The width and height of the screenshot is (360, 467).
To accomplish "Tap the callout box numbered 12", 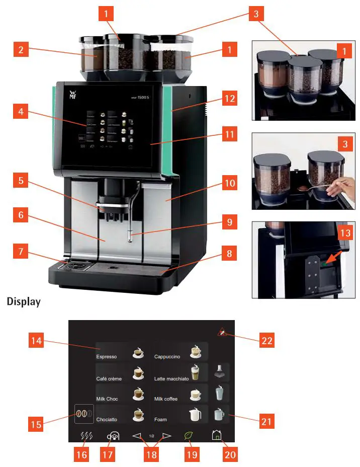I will tap(230, 99).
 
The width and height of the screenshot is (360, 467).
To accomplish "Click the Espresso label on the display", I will tap(107, 357).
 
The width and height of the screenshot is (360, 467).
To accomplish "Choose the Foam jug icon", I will tap(194, 415).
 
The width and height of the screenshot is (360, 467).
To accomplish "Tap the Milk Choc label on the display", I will tap(107, 399).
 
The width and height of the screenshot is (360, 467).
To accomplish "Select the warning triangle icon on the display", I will tap(222, 333).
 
